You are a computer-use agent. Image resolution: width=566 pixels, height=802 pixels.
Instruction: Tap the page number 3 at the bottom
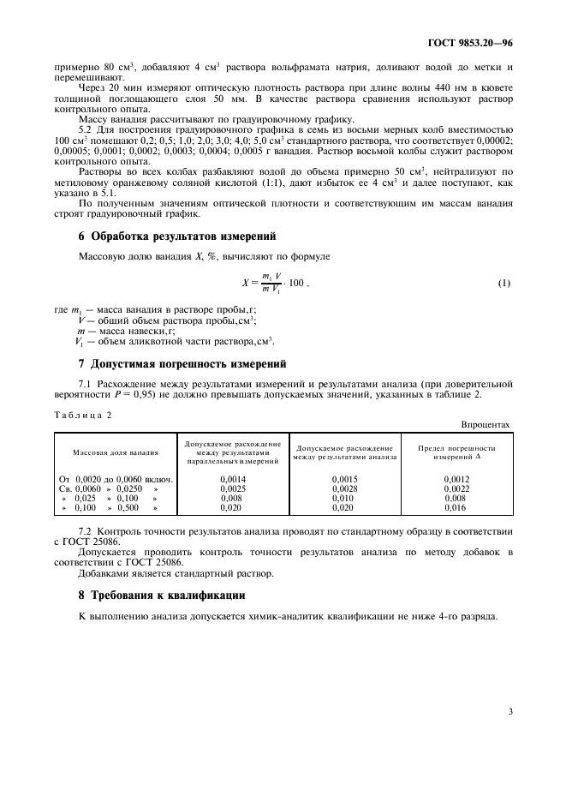(x=509, y=709)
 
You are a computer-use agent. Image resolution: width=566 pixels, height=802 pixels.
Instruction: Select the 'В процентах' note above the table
(x=486, y=424)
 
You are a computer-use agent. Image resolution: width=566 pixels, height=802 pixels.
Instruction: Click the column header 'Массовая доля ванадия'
(x=116, y=452)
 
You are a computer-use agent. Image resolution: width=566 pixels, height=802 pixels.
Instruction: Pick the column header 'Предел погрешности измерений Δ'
(x=456, y=452)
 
